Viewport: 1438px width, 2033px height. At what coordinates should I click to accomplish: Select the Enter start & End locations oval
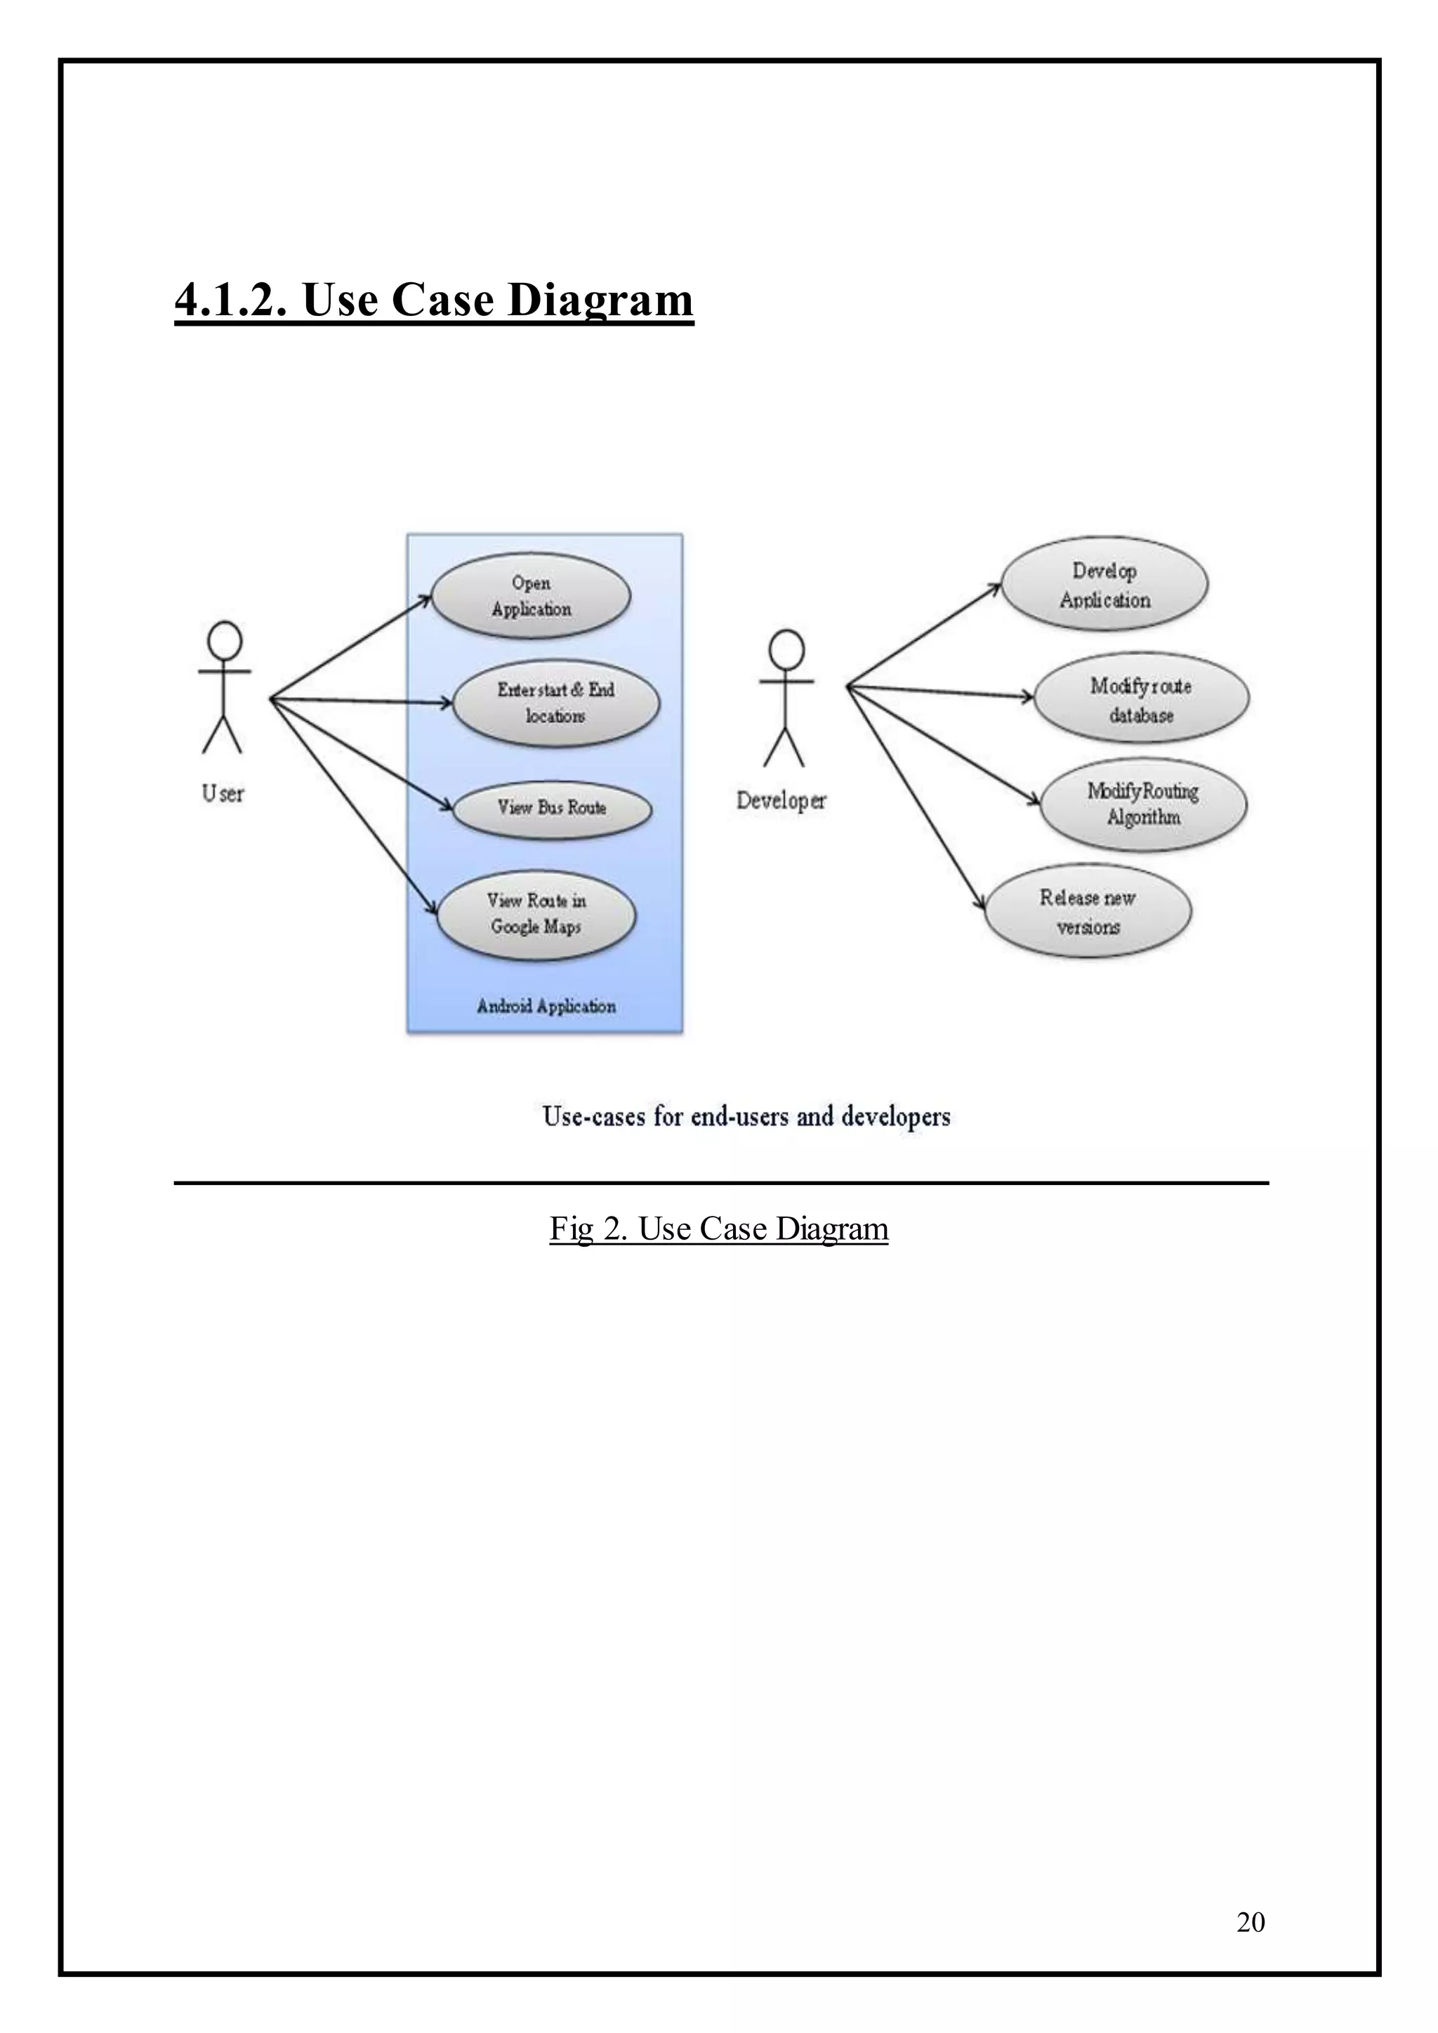[556, 703]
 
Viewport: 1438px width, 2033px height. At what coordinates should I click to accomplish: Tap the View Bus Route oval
[552, 807]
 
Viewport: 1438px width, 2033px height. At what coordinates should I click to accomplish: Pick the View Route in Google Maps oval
[536, 914]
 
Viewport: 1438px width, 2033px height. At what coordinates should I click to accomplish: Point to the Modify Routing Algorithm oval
[1143, 804]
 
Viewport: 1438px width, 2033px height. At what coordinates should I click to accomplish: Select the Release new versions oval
[1088, 912]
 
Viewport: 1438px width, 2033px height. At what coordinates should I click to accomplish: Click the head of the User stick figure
[224, 640]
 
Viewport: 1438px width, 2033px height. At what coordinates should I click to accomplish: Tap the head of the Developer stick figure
[786, 649]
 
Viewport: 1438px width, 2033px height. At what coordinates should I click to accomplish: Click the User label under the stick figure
[223, 793]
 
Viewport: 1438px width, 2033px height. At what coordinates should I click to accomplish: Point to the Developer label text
[781, 800]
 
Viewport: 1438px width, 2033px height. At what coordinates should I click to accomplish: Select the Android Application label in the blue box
[546, 1006]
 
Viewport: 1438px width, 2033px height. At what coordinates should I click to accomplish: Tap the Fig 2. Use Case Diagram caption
[718, 1229]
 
